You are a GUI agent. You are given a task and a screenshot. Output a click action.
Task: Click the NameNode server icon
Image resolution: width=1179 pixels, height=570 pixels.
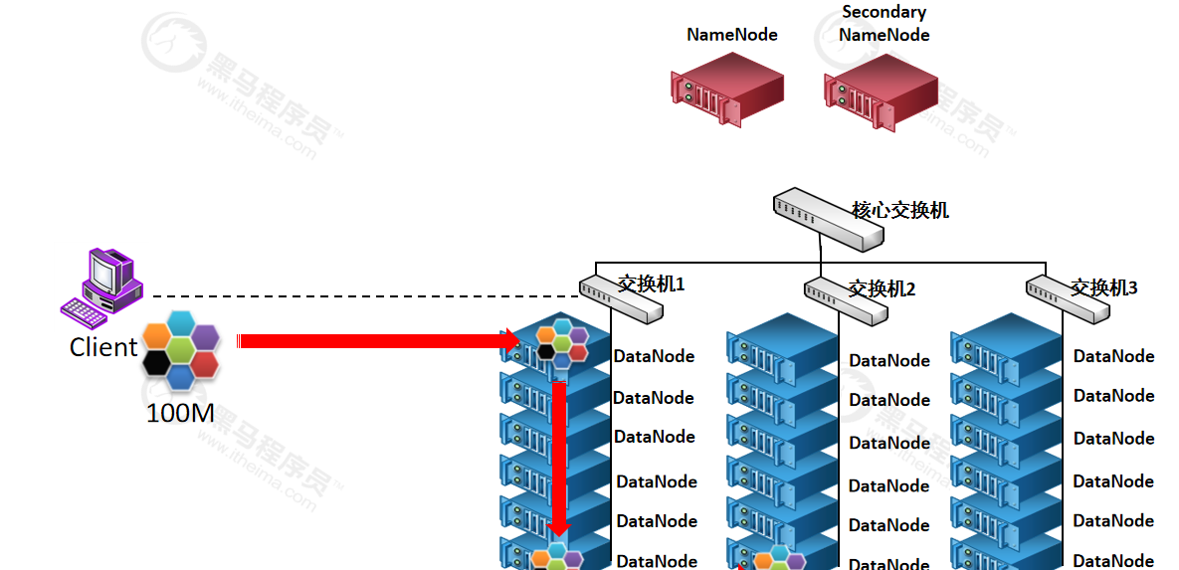(x=726, y=88)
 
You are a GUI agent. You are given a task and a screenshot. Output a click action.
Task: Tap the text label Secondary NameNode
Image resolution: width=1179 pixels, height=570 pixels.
(x=884, y=24)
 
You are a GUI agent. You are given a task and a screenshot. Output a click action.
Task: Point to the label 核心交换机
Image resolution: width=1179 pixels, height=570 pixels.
(x=900, y=210)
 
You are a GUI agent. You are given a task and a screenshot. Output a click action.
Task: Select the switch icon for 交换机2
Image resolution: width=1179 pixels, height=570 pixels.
(x=845, y=301)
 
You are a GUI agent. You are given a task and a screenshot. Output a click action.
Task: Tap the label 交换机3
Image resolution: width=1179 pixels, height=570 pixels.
(x=1103, y=288)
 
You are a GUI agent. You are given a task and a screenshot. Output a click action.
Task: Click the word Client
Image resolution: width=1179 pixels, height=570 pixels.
(x=103, y=347)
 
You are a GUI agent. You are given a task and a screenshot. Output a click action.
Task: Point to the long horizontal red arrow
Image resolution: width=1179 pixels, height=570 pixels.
(x=378, y=341)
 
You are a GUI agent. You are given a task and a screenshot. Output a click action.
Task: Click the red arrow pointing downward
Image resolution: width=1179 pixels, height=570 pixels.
(x=559, y=458)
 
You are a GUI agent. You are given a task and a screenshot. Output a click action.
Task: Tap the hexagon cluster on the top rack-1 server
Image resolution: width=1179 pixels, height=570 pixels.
(x=561, y=342)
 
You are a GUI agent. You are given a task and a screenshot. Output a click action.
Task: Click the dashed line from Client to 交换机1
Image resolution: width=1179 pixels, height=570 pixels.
(x=358, y=296)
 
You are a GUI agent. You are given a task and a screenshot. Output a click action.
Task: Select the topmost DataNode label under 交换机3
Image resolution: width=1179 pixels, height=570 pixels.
(x=1113, y=356)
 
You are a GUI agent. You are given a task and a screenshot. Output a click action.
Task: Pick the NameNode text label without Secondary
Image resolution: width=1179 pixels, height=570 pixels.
(x=731, y=35)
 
